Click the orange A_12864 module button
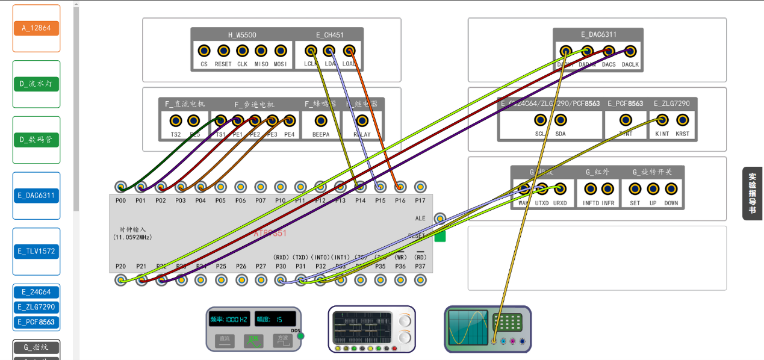tap(36, 28)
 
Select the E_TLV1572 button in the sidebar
tap(36, 251)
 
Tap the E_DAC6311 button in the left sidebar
tap(36, 195)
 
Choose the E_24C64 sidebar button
tap(36, 292)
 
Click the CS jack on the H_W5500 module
tap(204, 51)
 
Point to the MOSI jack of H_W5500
tap(280, 51)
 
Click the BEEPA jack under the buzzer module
tap(321, 121)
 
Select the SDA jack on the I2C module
tap(560, 120)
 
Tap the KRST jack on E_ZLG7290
tap(682, 120)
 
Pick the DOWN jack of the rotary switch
tap(671, 189)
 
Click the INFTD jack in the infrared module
tap(590, 189)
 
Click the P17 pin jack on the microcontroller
tap(420, 187)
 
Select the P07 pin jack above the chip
tap(260, 187)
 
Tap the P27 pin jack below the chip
tap(261, 280)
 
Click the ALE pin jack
tap(440, 218)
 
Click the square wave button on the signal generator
tap(282, 340)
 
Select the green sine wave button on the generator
tap(253, 340)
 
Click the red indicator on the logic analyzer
tap(394, 349)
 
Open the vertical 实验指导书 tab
tap(753, 193)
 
